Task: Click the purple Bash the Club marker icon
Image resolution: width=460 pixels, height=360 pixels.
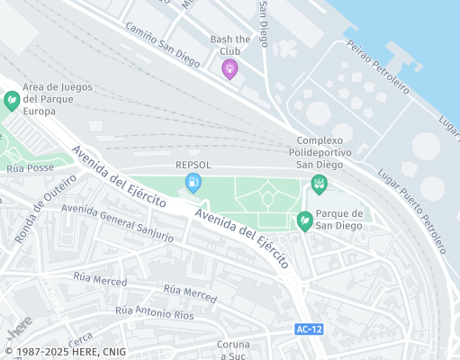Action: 230,68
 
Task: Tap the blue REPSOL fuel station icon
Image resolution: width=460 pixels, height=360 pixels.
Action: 193,184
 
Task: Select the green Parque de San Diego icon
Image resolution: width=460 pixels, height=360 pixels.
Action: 305,220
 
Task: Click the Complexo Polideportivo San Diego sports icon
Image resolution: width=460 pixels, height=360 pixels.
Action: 318,184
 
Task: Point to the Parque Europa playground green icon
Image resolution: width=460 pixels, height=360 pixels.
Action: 12,101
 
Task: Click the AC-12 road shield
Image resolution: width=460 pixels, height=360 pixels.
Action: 309,329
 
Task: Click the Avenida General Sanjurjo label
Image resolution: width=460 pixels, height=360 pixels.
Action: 117,221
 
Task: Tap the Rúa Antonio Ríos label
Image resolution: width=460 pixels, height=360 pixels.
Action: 154,312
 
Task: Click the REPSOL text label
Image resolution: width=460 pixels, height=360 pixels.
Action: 194,165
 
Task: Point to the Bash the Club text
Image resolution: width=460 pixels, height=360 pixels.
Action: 230,45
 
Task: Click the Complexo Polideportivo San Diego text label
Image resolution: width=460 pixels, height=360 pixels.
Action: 319,152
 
